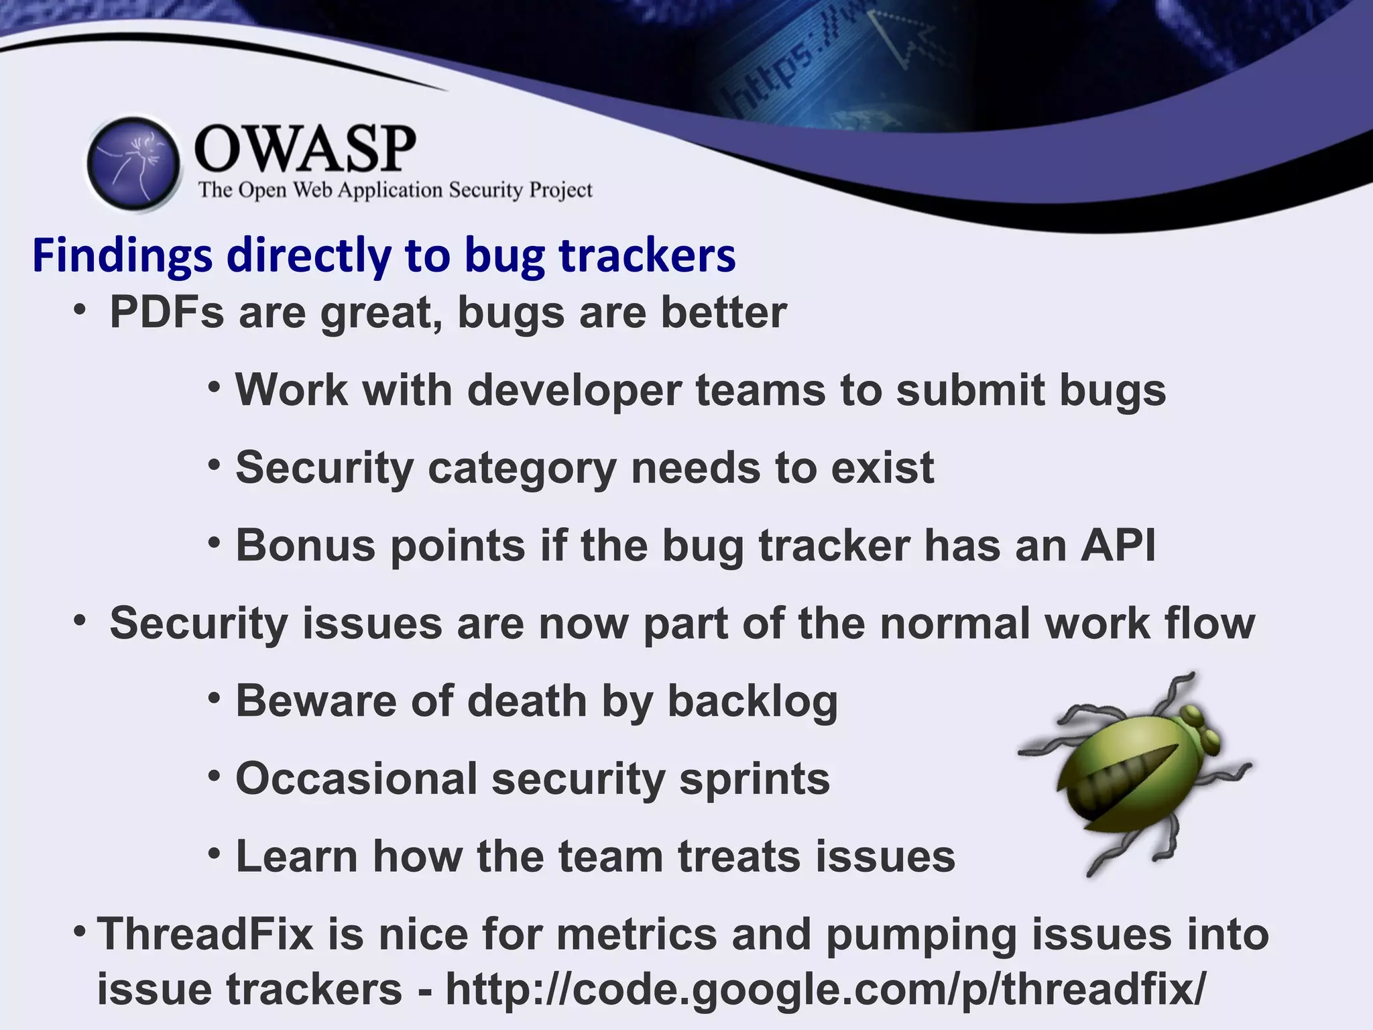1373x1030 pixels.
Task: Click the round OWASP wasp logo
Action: (x=134, y=164)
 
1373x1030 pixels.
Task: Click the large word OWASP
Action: (x=305, y=149)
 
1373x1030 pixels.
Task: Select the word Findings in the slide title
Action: (x=123, y=256)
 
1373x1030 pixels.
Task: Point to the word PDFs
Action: (x=166, y=312)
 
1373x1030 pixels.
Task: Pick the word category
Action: (x=522, y=468)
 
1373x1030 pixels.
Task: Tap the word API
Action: (x=1118, y=545)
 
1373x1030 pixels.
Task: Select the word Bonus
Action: (x=305, y=545)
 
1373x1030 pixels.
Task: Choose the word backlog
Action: (x=752, y=701)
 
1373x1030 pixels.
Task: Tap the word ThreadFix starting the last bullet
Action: (x=205, y=934)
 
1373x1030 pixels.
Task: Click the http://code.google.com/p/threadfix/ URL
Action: (x=825, y=989)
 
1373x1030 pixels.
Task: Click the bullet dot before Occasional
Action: (x=214, y=777)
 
